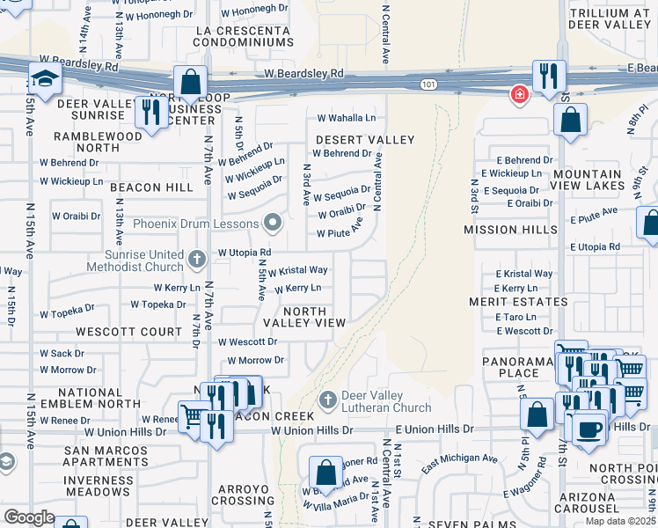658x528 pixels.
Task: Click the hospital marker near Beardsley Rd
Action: coord(519,94)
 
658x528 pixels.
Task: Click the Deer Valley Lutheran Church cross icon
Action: coord(328,400)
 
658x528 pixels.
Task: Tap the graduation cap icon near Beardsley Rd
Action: coord(43,78)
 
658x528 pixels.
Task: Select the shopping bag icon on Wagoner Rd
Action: coord(326,471)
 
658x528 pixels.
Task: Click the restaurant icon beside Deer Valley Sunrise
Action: coord(151,111)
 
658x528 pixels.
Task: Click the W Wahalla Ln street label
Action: coord(346,118)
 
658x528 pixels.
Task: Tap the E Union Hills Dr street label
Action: coord(435,429)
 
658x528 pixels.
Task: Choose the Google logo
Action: coord(29,517)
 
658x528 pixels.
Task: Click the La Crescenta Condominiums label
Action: coord(243,35)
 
